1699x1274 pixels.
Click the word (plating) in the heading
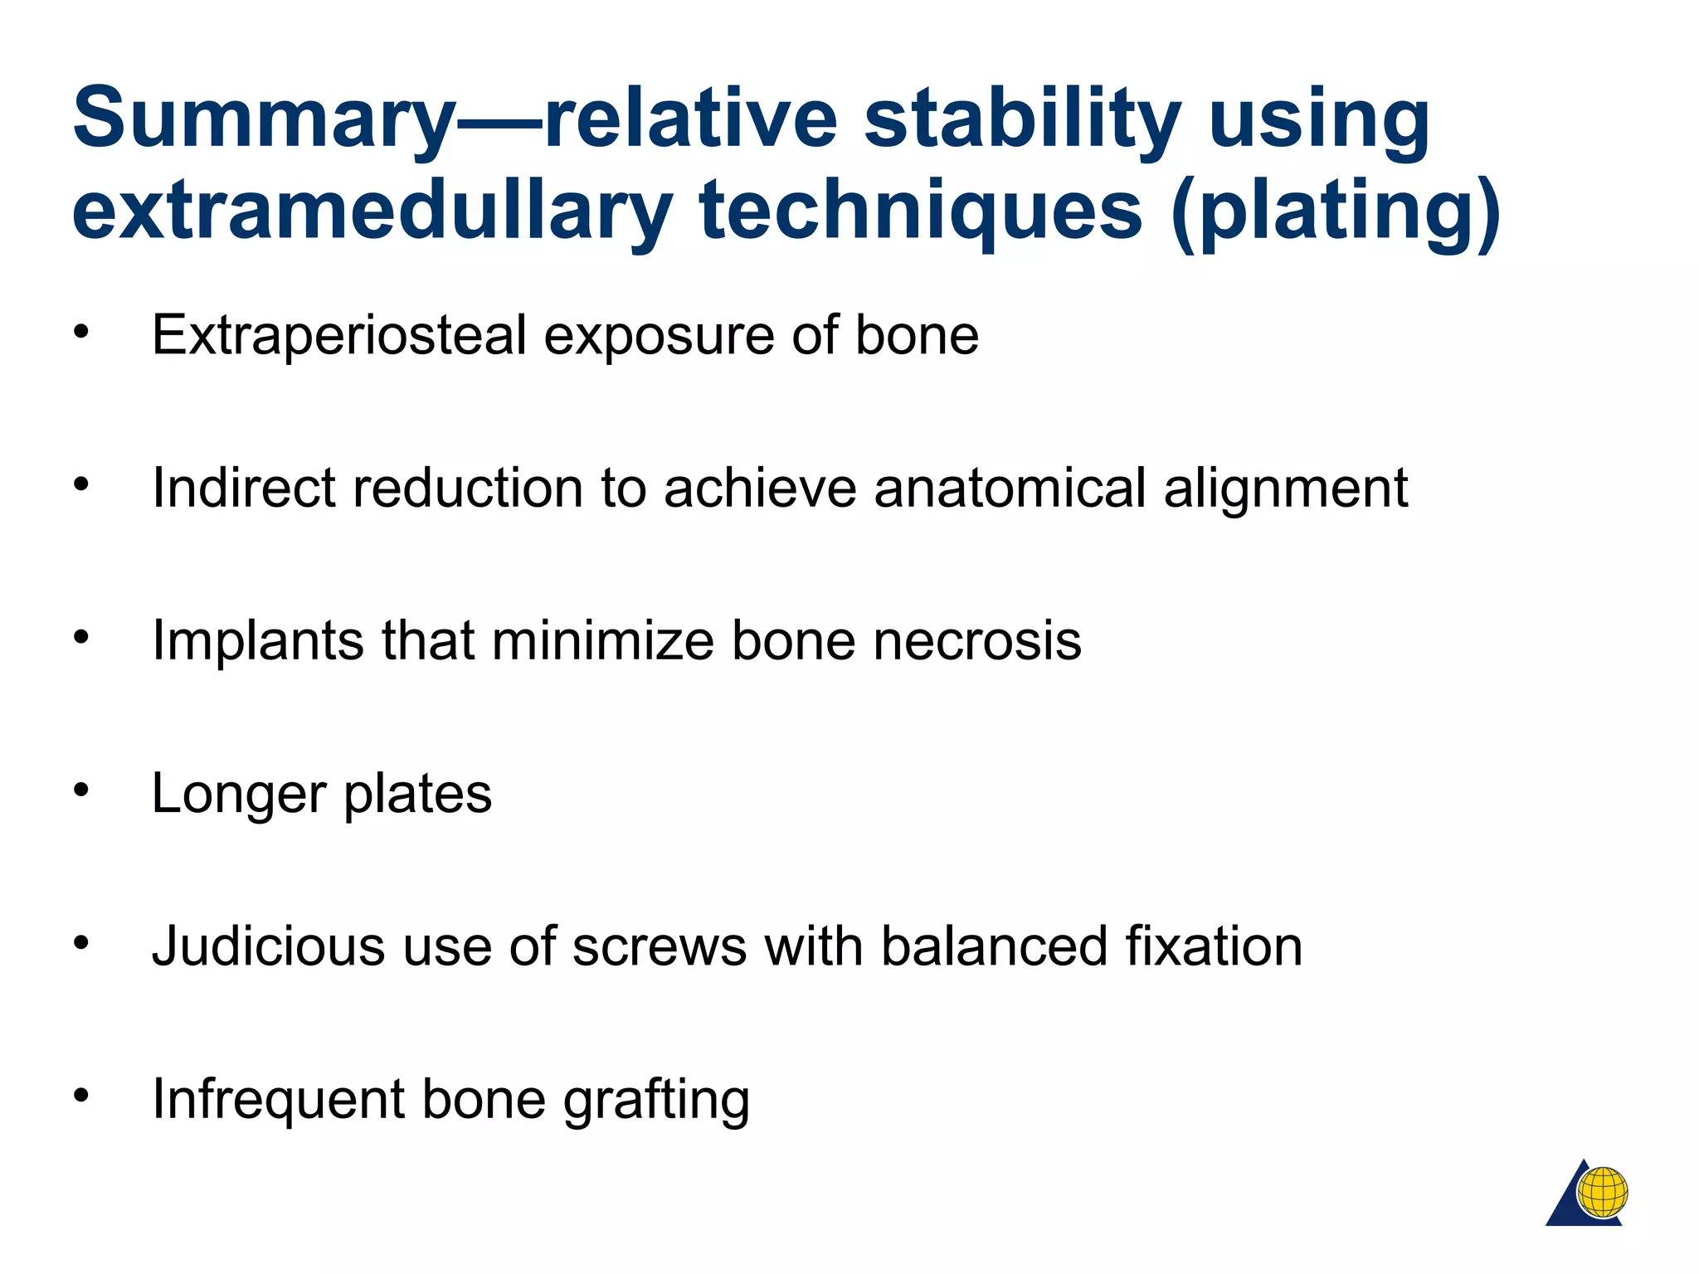click(x=1336, y=212)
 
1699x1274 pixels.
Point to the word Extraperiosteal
click(x=339, y=336)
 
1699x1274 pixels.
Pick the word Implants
click(x=257, y=641)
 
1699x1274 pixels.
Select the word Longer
click(x=239, y=795)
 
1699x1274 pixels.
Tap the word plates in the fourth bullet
click(x=417, y=795)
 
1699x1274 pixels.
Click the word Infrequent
click(x=277, y=1100)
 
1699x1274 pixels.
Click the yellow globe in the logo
click(x=1602, y=1192)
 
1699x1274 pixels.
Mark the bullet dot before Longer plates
click(x=80, y=790)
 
